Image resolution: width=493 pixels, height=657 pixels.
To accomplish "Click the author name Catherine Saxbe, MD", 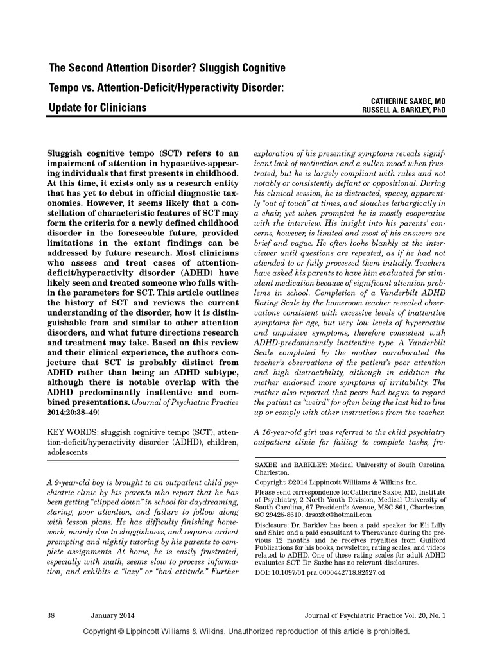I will (x=407, y=101).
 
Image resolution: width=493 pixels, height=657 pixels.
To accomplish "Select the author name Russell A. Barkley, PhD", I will (x=395, y=111).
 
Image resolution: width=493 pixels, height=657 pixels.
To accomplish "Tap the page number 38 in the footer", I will (x=52, y=615).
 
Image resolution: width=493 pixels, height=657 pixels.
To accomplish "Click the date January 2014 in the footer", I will (x=114, y=615).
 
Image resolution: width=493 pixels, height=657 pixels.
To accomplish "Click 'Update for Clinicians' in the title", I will (x=98, y=107).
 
